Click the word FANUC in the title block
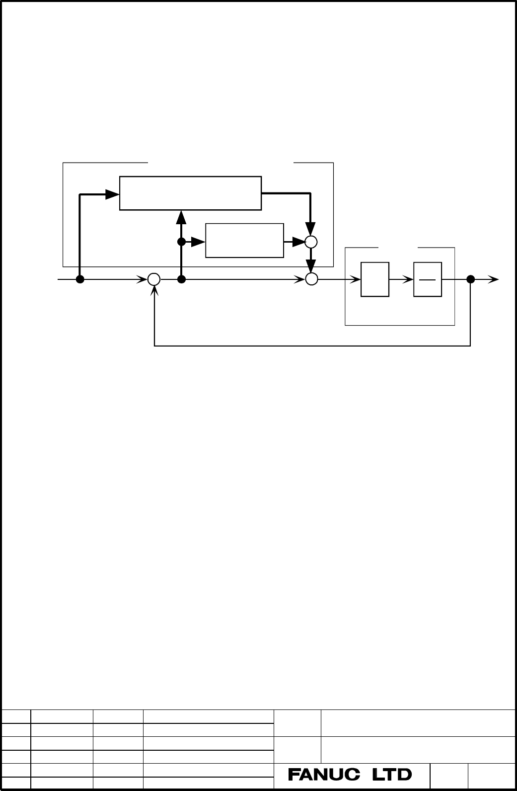pyautogui.click(x=324, y=775)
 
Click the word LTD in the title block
pyautogui.click(x=392, y=775)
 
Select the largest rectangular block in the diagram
pyautogui.click(x=190, y=193)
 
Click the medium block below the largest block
pyautogui.click(x=244, y=241)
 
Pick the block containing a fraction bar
pyautogui.click(x=428, y=279)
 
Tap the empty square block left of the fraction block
pyautogui.click(x=375, y=279)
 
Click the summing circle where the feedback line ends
pyautogui.click(x=154, y=279)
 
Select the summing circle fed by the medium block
pyautogui.click(x=311, y=242)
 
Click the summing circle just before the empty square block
pyautogui.click(x=311, y=279)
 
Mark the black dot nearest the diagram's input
pyautogui.click(x=80, y=279)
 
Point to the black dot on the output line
pyautogui.click(x=470, y=279)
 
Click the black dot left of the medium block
pyautogui.click(x=181, y=242)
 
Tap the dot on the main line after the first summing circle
pyautogui.click(x=181, y=279)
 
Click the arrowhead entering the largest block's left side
pyautogui.click(x=113, y=194)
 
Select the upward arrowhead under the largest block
pyautogui.click(x=181, y=217)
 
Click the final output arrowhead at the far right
pyautogui.click(x=493, y=279)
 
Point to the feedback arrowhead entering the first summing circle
pyautogui.click(x=154, y=290)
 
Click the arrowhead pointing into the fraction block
pyautogui.click(x=408, y=280)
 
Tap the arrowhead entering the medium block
pyautogui.click(x=198, y=242)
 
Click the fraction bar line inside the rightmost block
pyautogui.click(x=428, y=280)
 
